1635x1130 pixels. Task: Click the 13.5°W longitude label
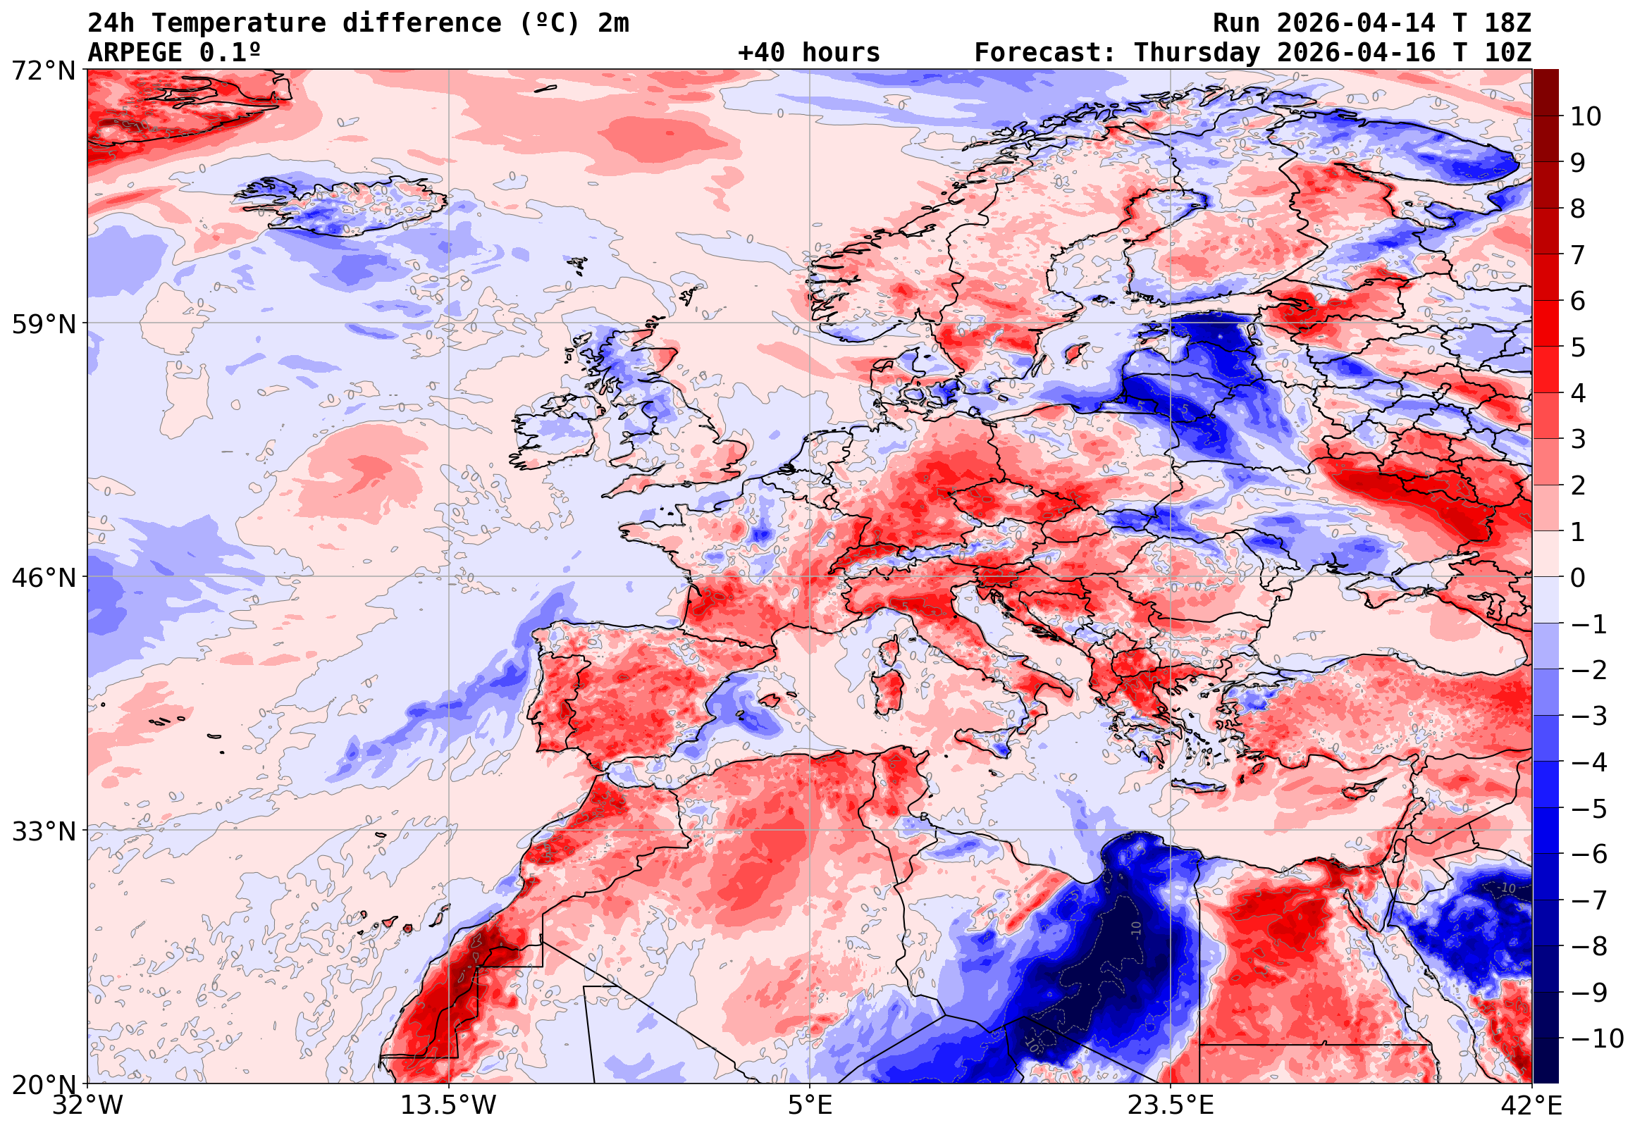pos(448,1105)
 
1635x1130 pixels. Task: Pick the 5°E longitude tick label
pos(809,1105)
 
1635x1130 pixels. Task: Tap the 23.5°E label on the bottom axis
pos(1170,1105)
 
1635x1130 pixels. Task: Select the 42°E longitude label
pos(1531,1105)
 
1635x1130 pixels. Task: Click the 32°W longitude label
pos(88,1105)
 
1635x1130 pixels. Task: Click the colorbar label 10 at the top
pos(1586,117)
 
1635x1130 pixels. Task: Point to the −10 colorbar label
pos(1597,1038)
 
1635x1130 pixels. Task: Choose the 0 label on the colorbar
pos(1578,578)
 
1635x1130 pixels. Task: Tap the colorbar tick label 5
pos(1578,347)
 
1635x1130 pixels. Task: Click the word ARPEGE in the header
pos(135,53)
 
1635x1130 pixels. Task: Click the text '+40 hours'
pos(808,53)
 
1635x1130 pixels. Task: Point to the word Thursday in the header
pos(1197,53)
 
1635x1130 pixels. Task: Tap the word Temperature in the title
pos(239,23)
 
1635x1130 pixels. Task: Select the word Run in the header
pos(1236,23)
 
